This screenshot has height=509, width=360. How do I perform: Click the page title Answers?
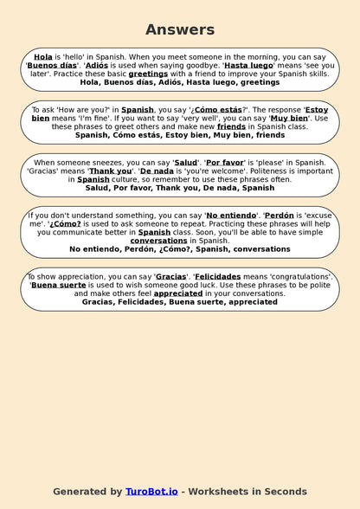(180, 29)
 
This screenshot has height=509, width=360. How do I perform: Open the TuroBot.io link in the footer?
(151, 492)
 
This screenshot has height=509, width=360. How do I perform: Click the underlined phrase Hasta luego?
(249, 65)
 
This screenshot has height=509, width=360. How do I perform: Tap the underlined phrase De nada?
(158, 171)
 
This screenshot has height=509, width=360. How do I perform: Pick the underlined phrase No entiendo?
(231, 216)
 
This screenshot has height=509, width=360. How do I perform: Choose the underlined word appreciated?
(178, 294)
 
